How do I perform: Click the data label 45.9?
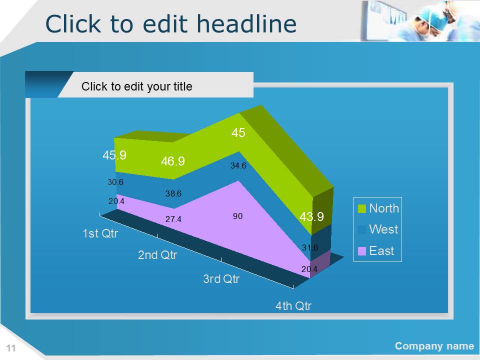click(x=114, y=155)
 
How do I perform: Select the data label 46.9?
click(x=173, y=161)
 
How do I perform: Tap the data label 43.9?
click(x=311, y=216)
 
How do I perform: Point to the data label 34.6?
click(x=238, y=165)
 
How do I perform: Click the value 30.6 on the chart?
click(x=115, y=182)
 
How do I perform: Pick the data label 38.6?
click(x=173, y=193)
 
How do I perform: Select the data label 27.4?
click(x=173, y=219)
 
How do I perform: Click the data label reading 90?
click(x=237, y=216)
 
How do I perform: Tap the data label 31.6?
click(x=310, y=247)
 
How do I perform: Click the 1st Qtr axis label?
click(x=100, y=233)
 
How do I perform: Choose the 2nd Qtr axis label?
click(x=157, y=255)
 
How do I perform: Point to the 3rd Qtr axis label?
click(x=221, y=279)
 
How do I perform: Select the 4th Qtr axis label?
click(x=293, y=306)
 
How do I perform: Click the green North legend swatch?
click(x=362, y=209)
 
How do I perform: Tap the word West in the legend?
click(x=383, y=229)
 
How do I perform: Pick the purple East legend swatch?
click(x=362, y=251)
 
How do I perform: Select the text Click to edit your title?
click(x=137, y=86)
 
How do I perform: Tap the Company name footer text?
click(x=434, y=346)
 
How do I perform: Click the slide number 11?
click(x=11, y=348)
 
